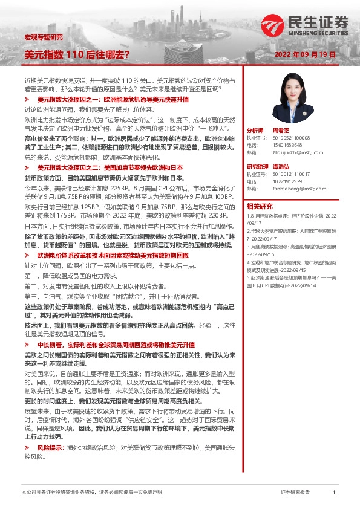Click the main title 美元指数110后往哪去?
coord(76,54)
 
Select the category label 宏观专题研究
coord(43,36)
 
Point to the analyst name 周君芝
coord(281,131)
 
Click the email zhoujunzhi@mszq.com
coord(298,153)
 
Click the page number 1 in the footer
coord(333,493)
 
